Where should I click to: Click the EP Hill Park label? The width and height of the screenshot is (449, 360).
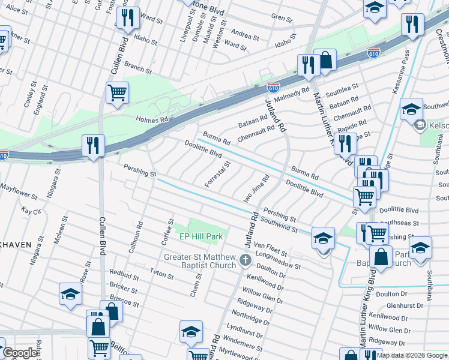point(202,237)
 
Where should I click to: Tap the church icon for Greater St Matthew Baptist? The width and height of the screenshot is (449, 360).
point(245,260)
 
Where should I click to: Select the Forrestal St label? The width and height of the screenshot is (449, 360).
point(217,174)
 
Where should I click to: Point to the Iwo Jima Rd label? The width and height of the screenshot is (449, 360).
point(256,188)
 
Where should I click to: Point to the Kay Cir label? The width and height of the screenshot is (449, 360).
point(31,211)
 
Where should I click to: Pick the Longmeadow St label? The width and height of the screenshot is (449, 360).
point(277,259)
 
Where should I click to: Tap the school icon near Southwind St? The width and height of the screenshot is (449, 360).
point(323,239)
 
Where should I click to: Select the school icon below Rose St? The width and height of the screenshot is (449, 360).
point(70,294)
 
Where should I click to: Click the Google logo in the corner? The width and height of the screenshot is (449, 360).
point(19,353)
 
